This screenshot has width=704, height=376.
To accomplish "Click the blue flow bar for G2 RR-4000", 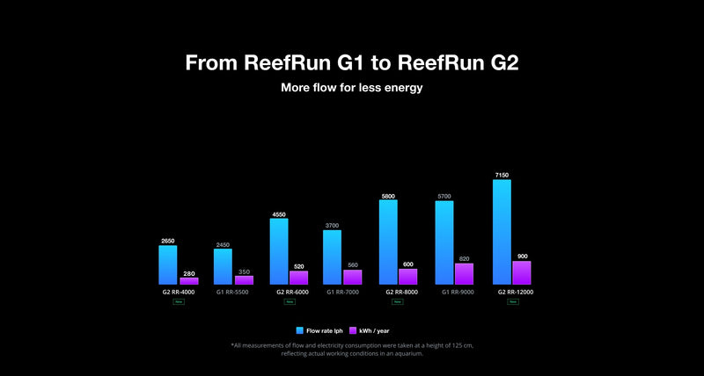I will tap(167, 264).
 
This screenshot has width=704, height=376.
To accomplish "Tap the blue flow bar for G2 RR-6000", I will tap(278, 251).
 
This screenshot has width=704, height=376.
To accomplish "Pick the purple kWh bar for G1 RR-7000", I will tap(352, 277).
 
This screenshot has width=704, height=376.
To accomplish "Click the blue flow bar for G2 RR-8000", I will tap(388, 242).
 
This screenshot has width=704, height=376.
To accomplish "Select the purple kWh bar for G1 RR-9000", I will tap(464, 274).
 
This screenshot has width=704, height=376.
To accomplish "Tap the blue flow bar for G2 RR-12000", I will tap(502, 232).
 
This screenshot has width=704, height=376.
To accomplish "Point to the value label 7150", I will tap(502, 175).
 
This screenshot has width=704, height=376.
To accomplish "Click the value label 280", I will tap(189, 273).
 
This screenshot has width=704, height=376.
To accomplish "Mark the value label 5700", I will tap(444, 196).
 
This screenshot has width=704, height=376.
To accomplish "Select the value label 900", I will tap(523, 257).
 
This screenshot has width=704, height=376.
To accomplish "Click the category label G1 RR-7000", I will tap(343, 292).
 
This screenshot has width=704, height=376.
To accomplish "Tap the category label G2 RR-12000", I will tap(515, 292).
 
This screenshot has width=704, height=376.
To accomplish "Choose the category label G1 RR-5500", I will tap(232, 292).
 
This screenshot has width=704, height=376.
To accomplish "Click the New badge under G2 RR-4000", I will tap(179, 301).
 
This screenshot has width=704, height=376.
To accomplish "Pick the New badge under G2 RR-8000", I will tap(397, 301).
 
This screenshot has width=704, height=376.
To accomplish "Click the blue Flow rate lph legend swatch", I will tap(299, 330).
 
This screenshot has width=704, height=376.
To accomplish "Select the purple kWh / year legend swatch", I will tap(354, 330).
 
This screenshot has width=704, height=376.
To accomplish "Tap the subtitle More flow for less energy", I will tap(352, 88).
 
